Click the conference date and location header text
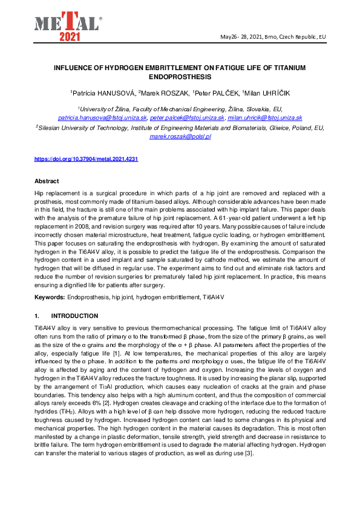[x=273, y=37]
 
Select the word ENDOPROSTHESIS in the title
[x=180, y=77]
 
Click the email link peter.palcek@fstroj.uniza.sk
[x=188, y=118]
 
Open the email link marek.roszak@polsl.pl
[x=180, y=137]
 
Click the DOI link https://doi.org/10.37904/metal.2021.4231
[x=86, y=158]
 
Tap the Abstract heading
[x=47, y=181]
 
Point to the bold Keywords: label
[x=50, y=297]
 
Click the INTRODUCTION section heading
[x=74, y=316]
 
